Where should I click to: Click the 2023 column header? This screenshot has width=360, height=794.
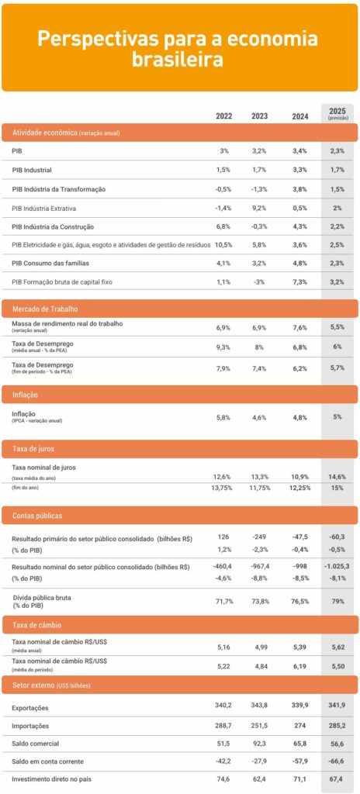pyautogui.click(x=260, y=116)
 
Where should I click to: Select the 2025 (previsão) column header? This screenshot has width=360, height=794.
pyautogui.click(x=337, y=113)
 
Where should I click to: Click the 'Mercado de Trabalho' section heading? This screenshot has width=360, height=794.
pyautogui.click(x=45, y=309)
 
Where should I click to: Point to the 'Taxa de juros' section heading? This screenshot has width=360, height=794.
pyautogui.click(x=33, y=449)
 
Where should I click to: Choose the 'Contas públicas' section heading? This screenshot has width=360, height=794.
pyautogui.click(x=37, y=516)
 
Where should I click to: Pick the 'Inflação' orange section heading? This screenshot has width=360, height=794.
pyautogui.click(x=26, y=394)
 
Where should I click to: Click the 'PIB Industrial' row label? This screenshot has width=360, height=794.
pyautogui.click(x=32, y=170)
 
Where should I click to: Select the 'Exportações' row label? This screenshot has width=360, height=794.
pyautogui.click(x=30, y=707)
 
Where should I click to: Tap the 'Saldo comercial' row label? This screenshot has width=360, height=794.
pyautogui.click(x=36, y=744)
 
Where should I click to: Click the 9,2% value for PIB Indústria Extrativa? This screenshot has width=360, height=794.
pyautogui.click(x=260, y=208)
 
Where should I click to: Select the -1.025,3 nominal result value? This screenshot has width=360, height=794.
pyautogui.click(x=337, y=566)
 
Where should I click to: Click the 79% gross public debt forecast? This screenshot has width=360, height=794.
pyautogui.click(x=337, y=602)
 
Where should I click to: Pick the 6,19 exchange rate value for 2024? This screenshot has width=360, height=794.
pyautogui.click(x=299, y=665)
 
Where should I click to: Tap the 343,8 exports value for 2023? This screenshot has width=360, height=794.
pyautogui.click(x=260, y=705)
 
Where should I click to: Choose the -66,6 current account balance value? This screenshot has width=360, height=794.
pyautogui.click(x=337, y=761)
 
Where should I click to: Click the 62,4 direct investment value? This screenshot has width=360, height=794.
pyautogui.click(x=260, y=780)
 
